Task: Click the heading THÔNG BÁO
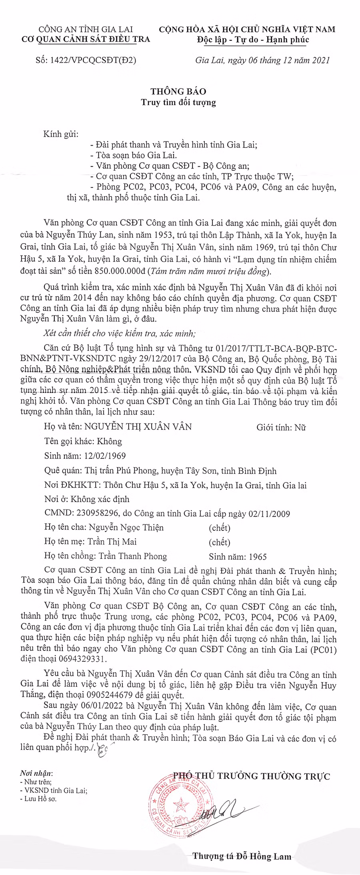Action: tap(179, 92)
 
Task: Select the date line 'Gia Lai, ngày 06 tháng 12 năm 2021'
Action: tap(262, 60)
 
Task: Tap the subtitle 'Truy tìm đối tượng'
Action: tap(178, 102)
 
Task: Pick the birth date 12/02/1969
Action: tap(106, 456)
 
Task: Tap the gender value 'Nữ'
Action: tap(300, 428)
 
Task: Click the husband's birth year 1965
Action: tap(258, 557)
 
